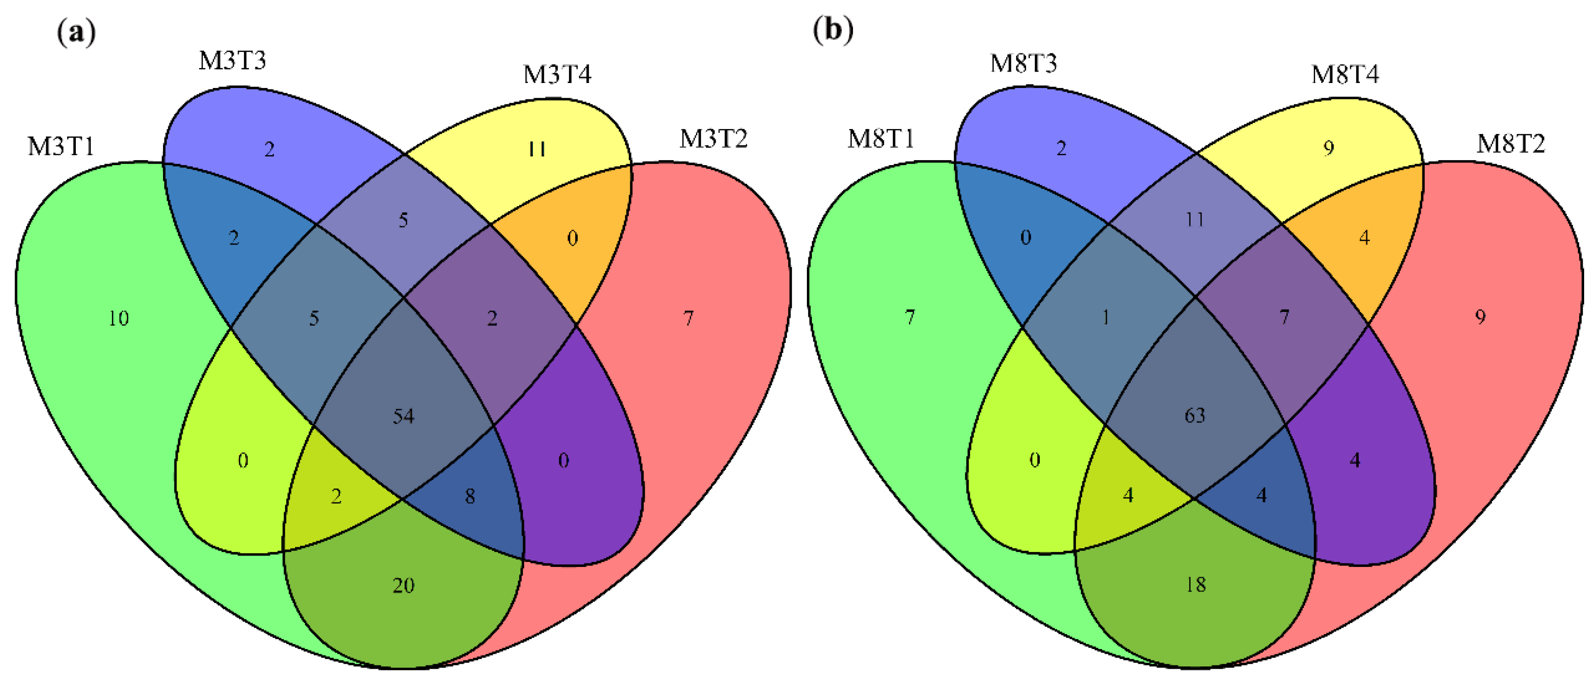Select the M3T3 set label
click(232, 61)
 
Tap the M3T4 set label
click(557, 75)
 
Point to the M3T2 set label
click(714, 139)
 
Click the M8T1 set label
click(881, 139)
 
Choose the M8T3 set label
click(1023, 63)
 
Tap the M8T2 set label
click(1511, 144)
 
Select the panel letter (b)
click(832, 30)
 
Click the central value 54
click(403, 416)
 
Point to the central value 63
click(1195, 416)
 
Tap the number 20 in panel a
click(403, 585)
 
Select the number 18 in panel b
click(1196, 584)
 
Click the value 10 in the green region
click(118, 318)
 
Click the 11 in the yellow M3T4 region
click(537, 149)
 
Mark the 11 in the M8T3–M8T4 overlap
click(1195, 220)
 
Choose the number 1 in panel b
click(1105, 317)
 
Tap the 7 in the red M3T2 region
click(688, 318)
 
